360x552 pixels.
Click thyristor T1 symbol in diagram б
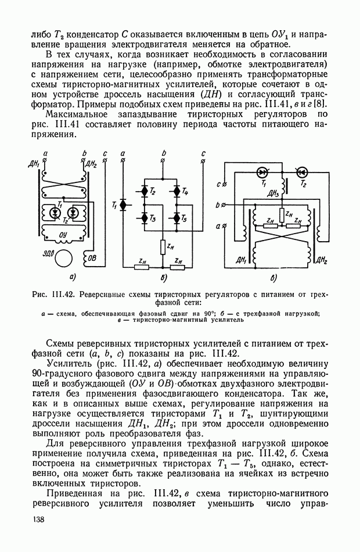click(123, 205)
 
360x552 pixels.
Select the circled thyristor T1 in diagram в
click(263, 172)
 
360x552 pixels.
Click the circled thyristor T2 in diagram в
click(301, 172)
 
